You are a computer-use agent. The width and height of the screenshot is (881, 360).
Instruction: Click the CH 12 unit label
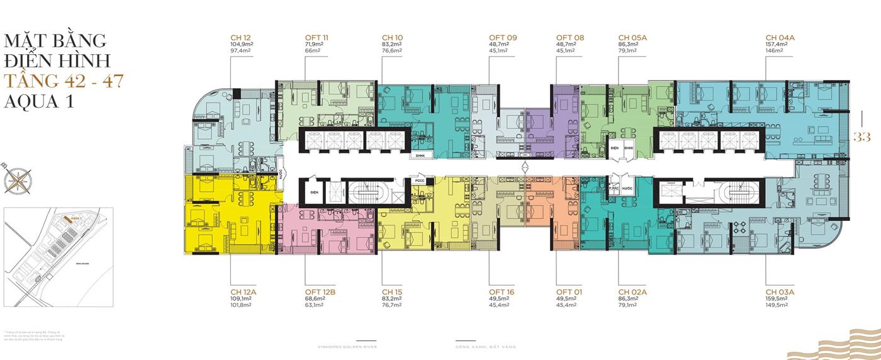(x=241, y=38)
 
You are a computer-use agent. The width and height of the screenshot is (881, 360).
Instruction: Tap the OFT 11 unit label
(x=317, y=38)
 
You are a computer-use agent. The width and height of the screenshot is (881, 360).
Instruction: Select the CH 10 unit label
(x=392, y=38)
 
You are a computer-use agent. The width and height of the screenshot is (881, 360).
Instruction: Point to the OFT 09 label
(x=503, y=38)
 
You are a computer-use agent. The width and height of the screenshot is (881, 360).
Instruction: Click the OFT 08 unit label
(x=570, y=38)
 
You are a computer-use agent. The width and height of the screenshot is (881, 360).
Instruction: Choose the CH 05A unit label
(x=633, y=38)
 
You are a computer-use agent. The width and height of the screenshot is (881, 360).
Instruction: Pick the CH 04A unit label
(x=780, y=38)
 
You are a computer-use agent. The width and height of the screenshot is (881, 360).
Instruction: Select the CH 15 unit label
(x=392, y=291)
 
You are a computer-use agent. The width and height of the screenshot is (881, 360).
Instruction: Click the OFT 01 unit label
(x=570, y=291)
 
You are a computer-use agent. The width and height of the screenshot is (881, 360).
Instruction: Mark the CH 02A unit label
(x=633, y=291)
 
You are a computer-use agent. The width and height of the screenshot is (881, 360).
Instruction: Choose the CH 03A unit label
(x=780, y=291)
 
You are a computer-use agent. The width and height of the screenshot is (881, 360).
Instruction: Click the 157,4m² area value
(x=778, y=45)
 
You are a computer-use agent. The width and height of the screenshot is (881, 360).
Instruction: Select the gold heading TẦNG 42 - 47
(x=63, y=81)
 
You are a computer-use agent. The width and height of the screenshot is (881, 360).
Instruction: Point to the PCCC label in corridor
(x=420, y=181)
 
